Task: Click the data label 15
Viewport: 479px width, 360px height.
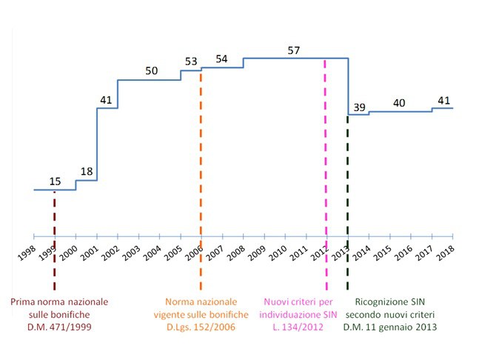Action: (x=55, y=181)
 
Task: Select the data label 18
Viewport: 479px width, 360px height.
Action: (x=87, y=172)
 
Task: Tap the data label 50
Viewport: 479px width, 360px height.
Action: (x=151, y=71)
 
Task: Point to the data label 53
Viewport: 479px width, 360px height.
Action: (x=191, y=61)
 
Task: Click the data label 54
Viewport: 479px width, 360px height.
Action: (x=221, y=59)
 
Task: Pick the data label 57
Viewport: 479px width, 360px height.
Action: (x=294, y=50)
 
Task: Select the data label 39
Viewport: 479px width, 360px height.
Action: (x=360, y=108)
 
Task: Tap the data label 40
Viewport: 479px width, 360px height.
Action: (x=399, y=103)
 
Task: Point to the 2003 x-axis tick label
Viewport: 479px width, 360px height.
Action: (x=130, y=250)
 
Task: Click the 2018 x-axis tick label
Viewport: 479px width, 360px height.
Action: (x=444, y=250)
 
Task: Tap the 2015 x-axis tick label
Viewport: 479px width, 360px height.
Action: (x=381, y=250)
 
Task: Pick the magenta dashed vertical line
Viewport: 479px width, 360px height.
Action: (x=326, y=148)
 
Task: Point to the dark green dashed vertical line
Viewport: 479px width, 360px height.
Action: (x=348, y=185)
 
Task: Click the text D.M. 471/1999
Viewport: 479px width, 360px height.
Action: (x=59, y=327)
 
